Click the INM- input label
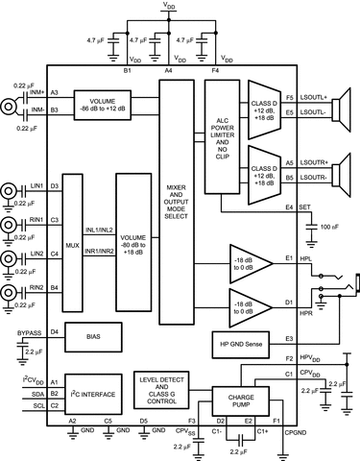pos(38,109)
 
